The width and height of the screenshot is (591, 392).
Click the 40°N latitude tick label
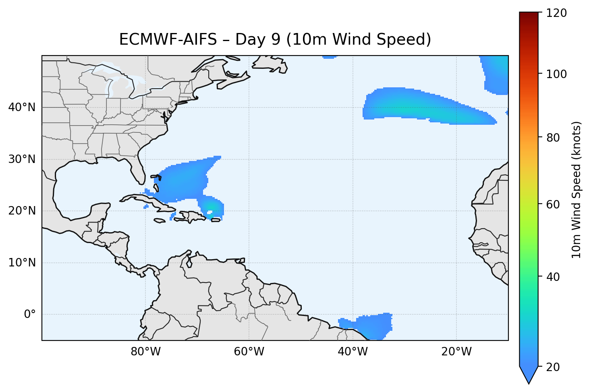pyautogui.click(x=22, y=107)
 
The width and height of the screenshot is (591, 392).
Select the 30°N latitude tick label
pyautogui.click(x=22, y=159)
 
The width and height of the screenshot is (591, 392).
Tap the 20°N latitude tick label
pyautogui.click(x=22, y=211)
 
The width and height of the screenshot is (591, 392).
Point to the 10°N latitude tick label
pyautogui.click(x=22, y=263)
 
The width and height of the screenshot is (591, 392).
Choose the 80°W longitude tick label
pyautogui.click(x=145, y=352)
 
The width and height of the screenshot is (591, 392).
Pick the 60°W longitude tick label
pyautogui.click(x=249, y=352)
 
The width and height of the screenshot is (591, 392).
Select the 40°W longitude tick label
pyautogui.click(x=353, y=352)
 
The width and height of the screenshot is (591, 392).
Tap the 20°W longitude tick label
pyautogui.click(x=456, y=352)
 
